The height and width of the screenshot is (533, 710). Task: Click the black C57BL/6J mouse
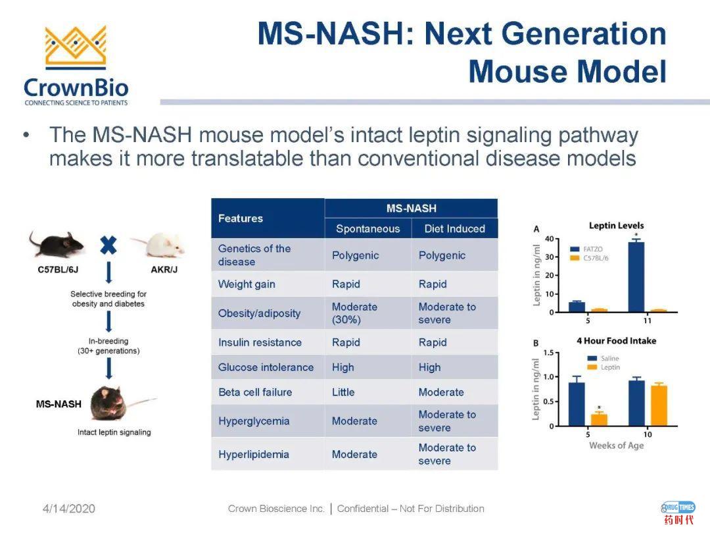57,244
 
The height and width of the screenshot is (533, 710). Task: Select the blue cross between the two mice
108,245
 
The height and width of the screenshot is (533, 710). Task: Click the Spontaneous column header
367,228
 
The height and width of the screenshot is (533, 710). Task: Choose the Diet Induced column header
454,228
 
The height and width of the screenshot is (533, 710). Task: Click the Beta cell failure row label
255,392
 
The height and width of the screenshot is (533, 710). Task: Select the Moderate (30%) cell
354,313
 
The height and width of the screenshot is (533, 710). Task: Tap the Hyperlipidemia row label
254,454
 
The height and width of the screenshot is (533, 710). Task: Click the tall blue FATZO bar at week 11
636,276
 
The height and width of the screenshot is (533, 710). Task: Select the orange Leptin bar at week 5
599,419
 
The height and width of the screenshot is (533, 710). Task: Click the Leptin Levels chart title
616,226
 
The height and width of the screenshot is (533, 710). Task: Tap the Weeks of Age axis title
616,445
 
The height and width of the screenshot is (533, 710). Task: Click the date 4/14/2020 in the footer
69,509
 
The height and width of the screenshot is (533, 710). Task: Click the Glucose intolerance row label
266,367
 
